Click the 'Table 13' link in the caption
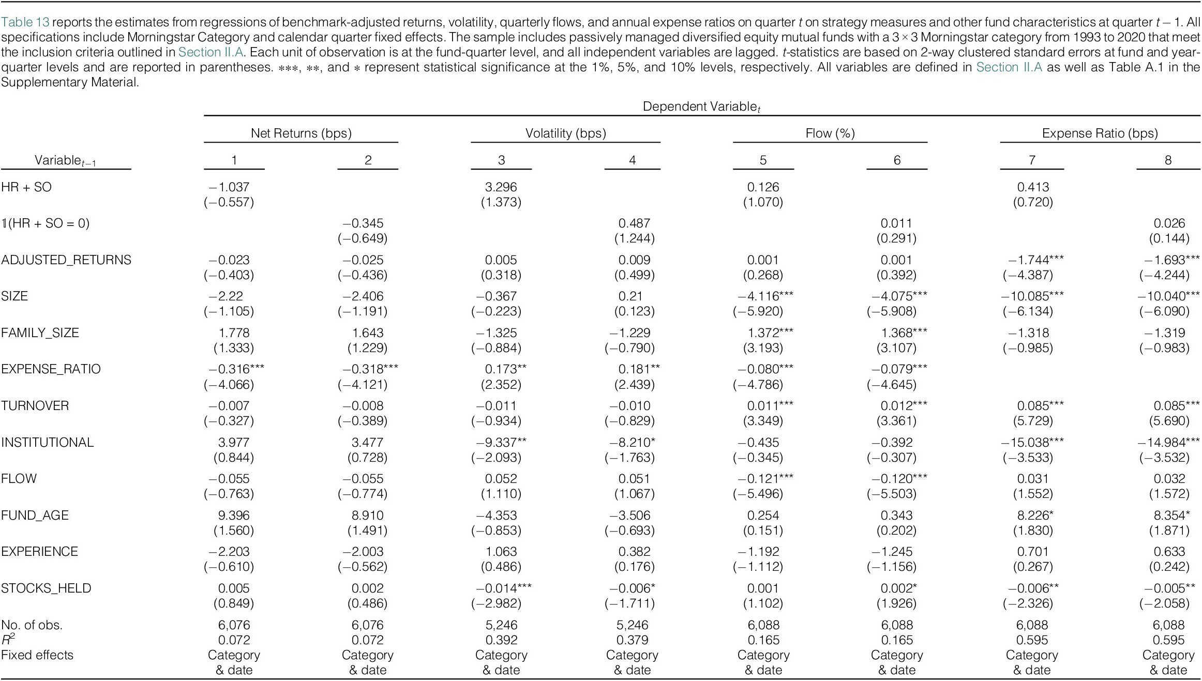(x=25, y=22)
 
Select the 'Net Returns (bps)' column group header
(x=301, y=133)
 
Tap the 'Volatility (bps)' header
(x=566, y=133)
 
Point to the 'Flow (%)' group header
(x=830, y=133)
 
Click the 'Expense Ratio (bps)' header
(x=1100, y=133)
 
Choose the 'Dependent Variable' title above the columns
(x=701, y=107)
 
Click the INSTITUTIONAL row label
(x=48, y=443)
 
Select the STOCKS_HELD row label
(x=46, y=588)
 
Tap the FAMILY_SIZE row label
(x=40, y=333)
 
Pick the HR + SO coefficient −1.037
(x=229, y=187)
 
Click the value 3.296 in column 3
(x=501, y=187)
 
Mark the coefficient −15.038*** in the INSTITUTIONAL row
(x=1032, y=443)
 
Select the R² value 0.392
(x=501, y=640)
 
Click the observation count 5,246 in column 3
(x=501, y=625)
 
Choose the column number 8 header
(x=1168, y=160)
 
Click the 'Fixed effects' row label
(x=37, y=655)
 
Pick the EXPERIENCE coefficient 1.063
(x=501, y=552)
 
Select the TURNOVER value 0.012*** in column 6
(x=904, y=406)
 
